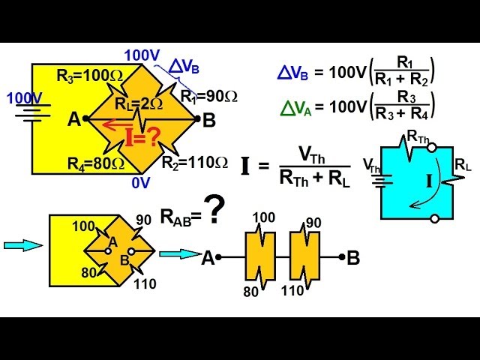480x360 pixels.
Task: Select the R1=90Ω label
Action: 209,96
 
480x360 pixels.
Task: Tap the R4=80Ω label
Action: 95,163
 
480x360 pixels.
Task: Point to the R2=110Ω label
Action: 196,162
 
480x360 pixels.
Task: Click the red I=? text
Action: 142,137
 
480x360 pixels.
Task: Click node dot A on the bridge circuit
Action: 86,118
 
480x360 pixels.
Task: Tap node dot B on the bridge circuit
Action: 196,118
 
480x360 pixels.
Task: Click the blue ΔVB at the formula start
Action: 293,73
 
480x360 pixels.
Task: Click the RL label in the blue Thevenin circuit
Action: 463,164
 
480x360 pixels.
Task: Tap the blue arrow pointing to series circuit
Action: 178,253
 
